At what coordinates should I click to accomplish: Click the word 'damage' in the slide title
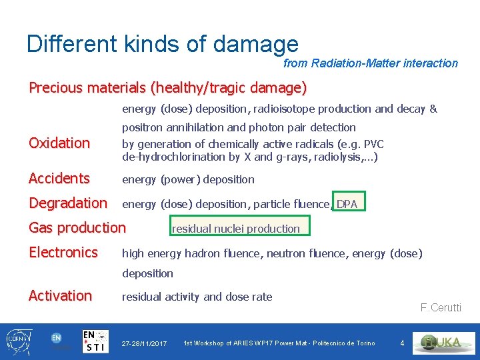[256, 44]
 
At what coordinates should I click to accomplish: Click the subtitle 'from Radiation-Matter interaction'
[371, 63]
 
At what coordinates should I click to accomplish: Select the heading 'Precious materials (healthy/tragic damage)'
[167, 87]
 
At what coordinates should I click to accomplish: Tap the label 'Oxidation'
[59, 143]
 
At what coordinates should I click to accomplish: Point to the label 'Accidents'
[59, 178]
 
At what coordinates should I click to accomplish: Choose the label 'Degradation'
[68, 203]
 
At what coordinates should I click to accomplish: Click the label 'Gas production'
[77, 227]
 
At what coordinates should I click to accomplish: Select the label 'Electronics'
[63, 252]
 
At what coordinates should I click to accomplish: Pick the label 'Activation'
[61, 295]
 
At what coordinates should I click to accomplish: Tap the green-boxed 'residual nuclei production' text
[236, 229]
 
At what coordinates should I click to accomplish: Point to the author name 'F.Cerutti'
[441, 307]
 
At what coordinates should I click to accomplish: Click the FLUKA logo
[443, 343]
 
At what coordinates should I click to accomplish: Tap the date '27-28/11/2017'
[144, 343]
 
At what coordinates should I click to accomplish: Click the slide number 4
[402, 343]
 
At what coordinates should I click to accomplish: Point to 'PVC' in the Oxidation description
[373, 144]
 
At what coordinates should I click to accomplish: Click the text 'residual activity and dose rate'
[197, 297]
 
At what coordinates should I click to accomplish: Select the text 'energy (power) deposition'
[188, 179]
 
